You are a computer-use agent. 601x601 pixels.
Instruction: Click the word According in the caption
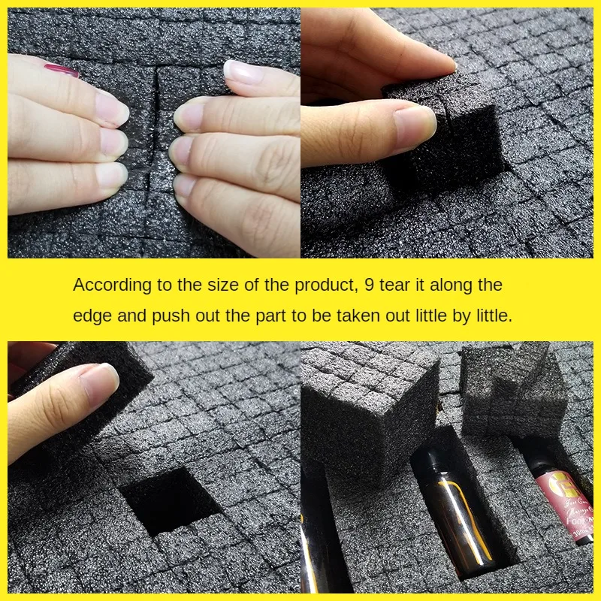click(x=112, y=285)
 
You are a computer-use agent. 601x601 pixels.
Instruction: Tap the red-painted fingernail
click(x=62, y=71)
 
